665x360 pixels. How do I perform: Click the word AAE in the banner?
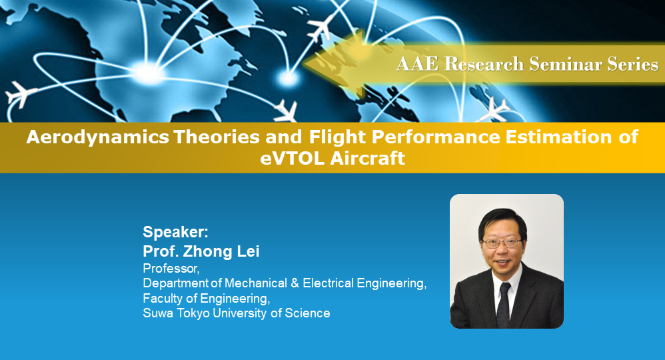pyautogui.click(x=417, y=64)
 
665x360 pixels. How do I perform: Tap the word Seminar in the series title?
pyautogui.click(x=560, y=64)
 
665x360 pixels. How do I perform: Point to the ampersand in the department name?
pyautogui.click(x=294, y=283)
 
